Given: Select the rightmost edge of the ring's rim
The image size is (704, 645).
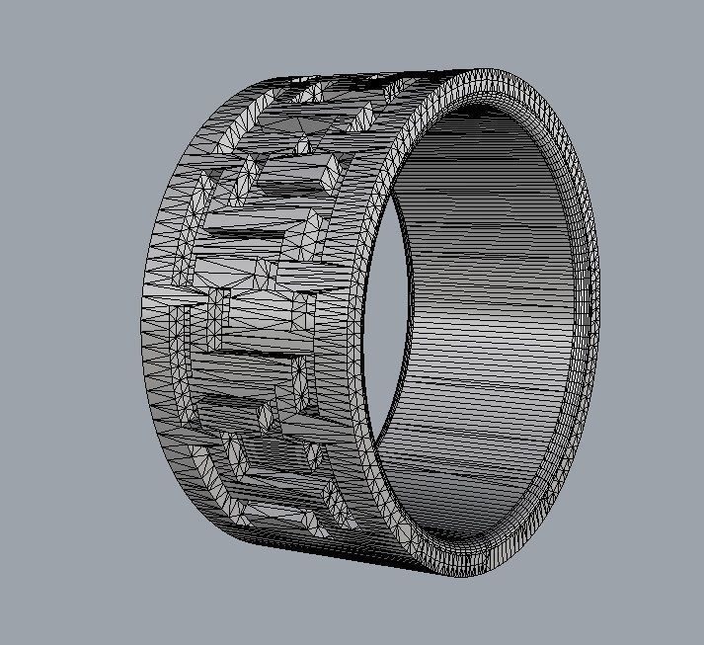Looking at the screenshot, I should point(597,296).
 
